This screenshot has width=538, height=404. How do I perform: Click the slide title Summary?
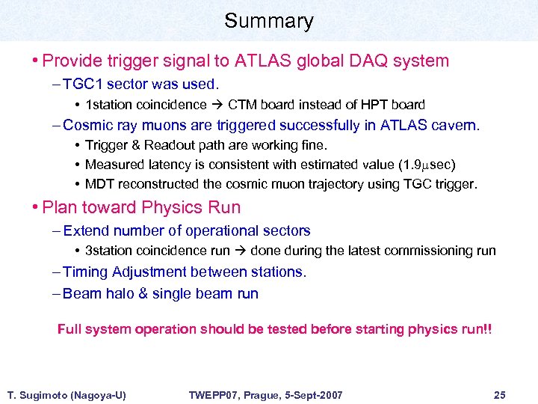tap(268, 21)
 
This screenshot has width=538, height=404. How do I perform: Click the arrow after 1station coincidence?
tap(217, 105)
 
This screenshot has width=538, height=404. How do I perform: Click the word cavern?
tap(456, 125)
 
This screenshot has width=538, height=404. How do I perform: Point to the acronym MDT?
tap(100, 183)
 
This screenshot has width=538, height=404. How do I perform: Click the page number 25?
tap(500, 394)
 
